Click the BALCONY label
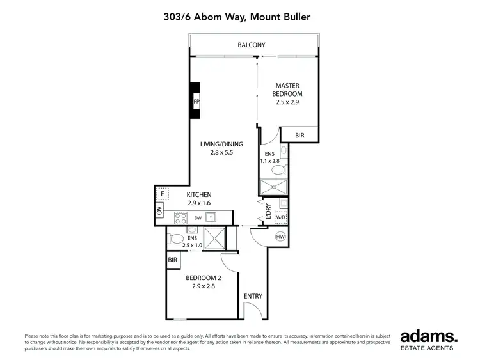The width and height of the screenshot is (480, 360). tap(251, 45)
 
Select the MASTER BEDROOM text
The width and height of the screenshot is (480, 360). tap(287, 90)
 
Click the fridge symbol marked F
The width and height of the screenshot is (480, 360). tap(163, 192)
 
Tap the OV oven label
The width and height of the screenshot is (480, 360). tap(159, 211)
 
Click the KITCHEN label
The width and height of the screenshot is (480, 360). tap(199, 195)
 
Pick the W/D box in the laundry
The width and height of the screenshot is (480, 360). tap(280, 217)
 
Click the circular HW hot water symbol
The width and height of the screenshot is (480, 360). tap(280, 237)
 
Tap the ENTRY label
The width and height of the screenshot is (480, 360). tap(253, 297)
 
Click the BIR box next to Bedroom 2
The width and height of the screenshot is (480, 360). tap(172, 260)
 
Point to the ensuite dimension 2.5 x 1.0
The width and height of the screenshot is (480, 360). tap(192, 245)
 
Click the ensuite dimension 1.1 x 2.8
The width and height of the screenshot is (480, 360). tap(270, 162)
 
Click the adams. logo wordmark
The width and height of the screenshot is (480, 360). tap(428, 338)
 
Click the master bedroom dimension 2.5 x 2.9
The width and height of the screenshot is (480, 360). tap(287, 102)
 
